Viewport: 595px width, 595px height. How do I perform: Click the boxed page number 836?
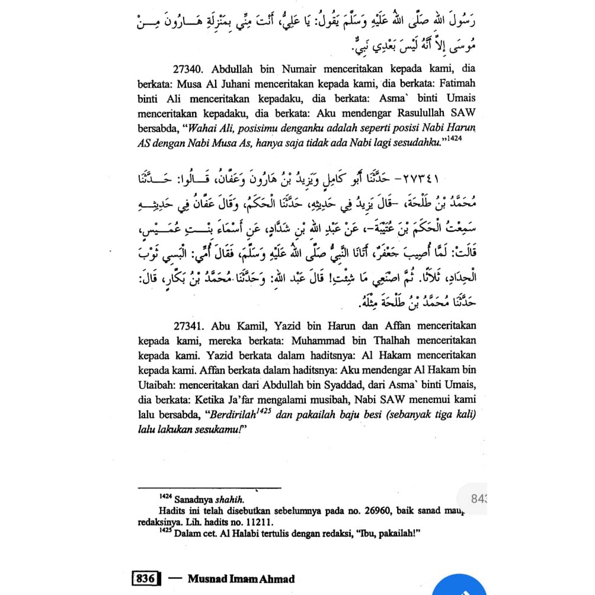click(146, 578)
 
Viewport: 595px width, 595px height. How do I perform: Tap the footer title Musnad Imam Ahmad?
click(241, 578)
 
